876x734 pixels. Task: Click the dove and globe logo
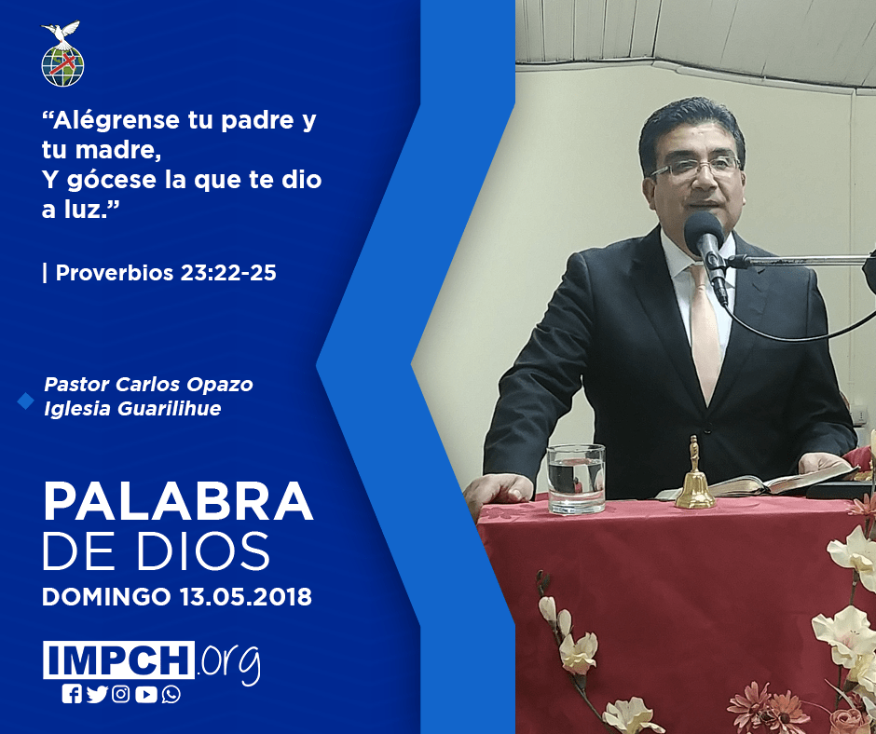coord(62,54)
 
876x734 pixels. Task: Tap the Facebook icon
coord(72,694)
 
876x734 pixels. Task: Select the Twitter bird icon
coord(97,694)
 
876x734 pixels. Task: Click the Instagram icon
coord(120,694)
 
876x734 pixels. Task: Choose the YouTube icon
coord(145,694)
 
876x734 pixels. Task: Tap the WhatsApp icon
coord(171,694)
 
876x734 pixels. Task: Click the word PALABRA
coord(178,502)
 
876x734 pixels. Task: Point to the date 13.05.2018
coord(246,596)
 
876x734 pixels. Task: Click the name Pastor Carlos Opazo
coord(148,385)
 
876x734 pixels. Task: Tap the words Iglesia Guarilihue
coord(132,408)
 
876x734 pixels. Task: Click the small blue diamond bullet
coord(25,401)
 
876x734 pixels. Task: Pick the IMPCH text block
coord(118,659)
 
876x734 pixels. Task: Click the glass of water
coord(576,479)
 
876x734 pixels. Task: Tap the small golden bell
coord(695,475)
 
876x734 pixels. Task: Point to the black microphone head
coord(704,234)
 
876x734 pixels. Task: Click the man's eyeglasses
coord(695,167)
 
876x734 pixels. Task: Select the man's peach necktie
coord(705,330)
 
